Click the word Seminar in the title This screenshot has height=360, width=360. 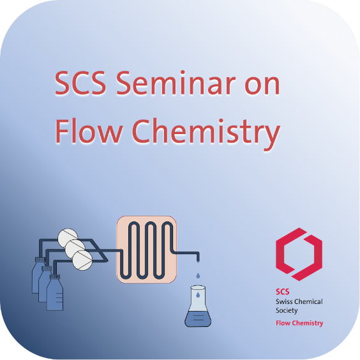pos(176,83)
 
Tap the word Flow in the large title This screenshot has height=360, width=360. pos(88,131)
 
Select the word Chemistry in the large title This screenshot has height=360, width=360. pos(206,133)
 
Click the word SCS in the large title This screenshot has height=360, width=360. pos(80,83)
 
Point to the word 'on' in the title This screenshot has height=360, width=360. pos(262,86)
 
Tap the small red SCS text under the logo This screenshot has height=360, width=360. pos(282,292)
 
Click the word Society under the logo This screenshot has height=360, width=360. pos(287,311)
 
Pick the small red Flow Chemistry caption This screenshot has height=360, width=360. pos(299,323)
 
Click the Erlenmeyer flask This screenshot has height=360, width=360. pos(198,306)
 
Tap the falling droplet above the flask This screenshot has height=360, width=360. pos(198,275)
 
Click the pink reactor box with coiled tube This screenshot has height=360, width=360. pos(147,250)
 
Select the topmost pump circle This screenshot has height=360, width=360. pos(68,238)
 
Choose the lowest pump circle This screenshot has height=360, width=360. pos(82,260)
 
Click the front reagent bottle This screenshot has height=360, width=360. pos(55,293)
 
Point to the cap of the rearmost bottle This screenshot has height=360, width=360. pos(40,260)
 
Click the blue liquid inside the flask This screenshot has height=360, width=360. pos(198,319)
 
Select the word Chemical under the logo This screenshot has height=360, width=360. pos(308,301)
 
